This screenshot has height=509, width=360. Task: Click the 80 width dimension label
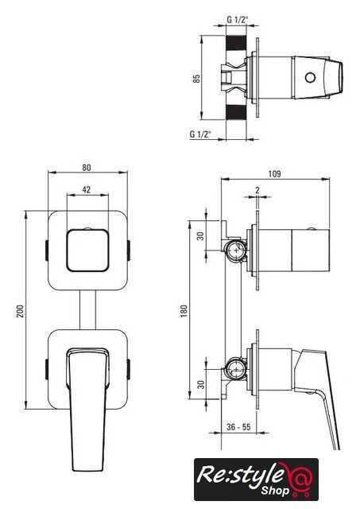(87, 168)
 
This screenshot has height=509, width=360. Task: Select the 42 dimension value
(87, 189)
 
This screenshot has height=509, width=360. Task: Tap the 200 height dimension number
(21, 311)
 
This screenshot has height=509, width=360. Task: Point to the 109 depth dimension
(274, 174)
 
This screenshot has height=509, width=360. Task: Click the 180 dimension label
(184, 311)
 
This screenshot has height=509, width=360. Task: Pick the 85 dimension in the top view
(196, 79)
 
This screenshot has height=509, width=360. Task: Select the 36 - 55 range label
(238, 427)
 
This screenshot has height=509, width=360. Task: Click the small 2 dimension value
(257, 190)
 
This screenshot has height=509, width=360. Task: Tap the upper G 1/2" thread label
(237, 20)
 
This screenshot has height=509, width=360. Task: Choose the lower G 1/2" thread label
(200, 134)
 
